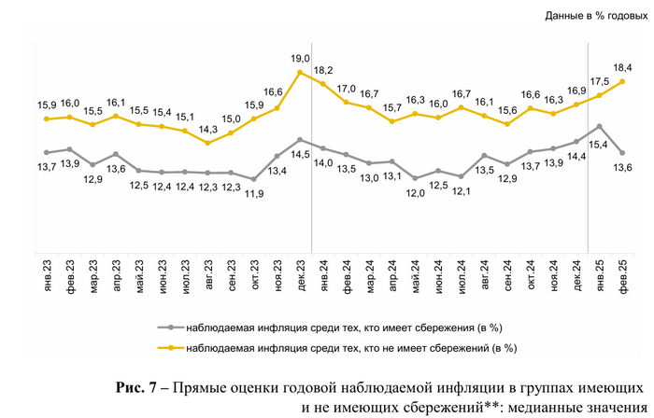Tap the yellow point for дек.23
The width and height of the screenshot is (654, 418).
(300, 72)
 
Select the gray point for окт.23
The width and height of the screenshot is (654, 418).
(254, 179)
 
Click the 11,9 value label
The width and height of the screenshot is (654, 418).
(254, 193)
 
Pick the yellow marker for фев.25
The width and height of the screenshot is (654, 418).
(622, 82)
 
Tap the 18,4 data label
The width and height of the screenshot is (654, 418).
(622, 67)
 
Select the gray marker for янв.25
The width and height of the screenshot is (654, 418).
(599, 126)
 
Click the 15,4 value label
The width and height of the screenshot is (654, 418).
(598, 145)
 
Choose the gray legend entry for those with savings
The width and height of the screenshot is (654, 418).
(334, 327)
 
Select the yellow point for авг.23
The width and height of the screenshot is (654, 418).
(208, 143)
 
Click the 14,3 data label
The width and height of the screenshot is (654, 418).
(208, 129)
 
